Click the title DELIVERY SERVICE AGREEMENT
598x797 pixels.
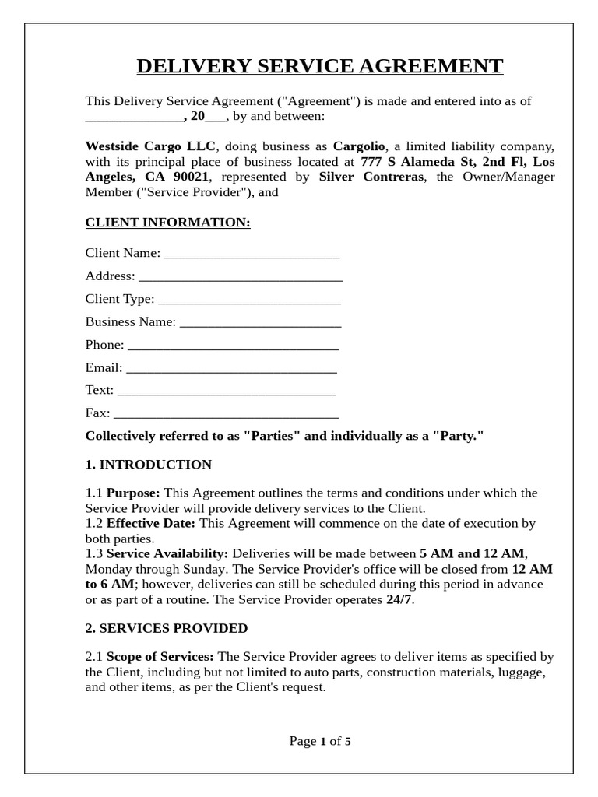coord(320,67)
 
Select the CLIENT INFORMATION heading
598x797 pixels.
coord(167,223)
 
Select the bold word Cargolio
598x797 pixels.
coord(359,146)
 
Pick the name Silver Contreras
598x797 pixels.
coord(371,177)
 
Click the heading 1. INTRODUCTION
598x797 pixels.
coord(148,465)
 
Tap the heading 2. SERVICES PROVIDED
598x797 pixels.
coord(166,628)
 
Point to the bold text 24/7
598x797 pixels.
coord(399,600)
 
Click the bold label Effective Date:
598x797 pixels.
coord(152,523)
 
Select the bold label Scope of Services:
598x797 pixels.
coord(160,657)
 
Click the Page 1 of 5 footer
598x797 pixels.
coord(320,741)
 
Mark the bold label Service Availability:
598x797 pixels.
coord(167,553)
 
